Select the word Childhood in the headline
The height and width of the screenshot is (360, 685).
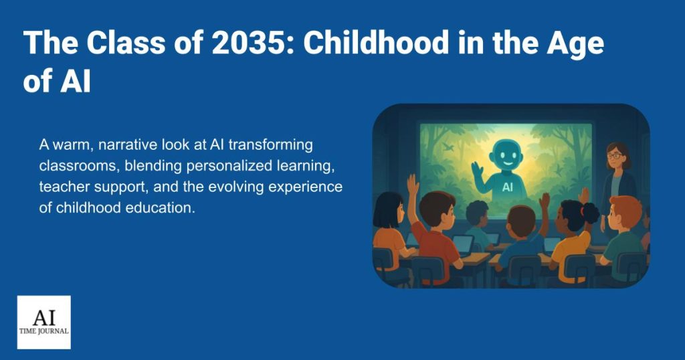377,42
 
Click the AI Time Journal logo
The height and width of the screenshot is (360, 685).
44,323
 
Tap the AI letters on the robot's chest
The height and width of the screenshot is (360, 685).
507,187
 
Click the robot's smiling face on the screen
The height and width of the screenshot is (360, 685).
507,156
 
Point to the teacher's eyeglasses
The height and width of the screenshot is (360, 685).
614,155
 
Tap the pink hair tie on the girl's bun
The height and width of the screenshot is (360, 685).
583,211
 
